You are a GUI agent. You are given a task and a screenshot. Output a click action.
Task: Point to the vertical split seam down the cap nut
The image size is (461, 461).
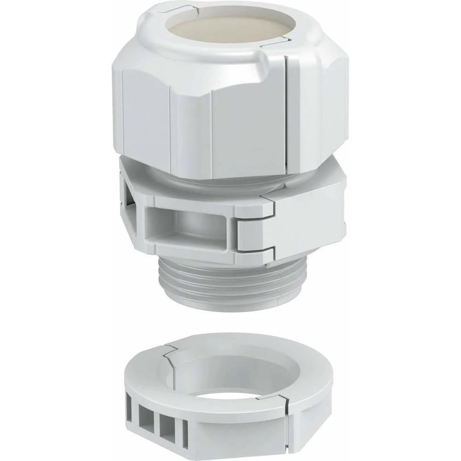tap(289, 115)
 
